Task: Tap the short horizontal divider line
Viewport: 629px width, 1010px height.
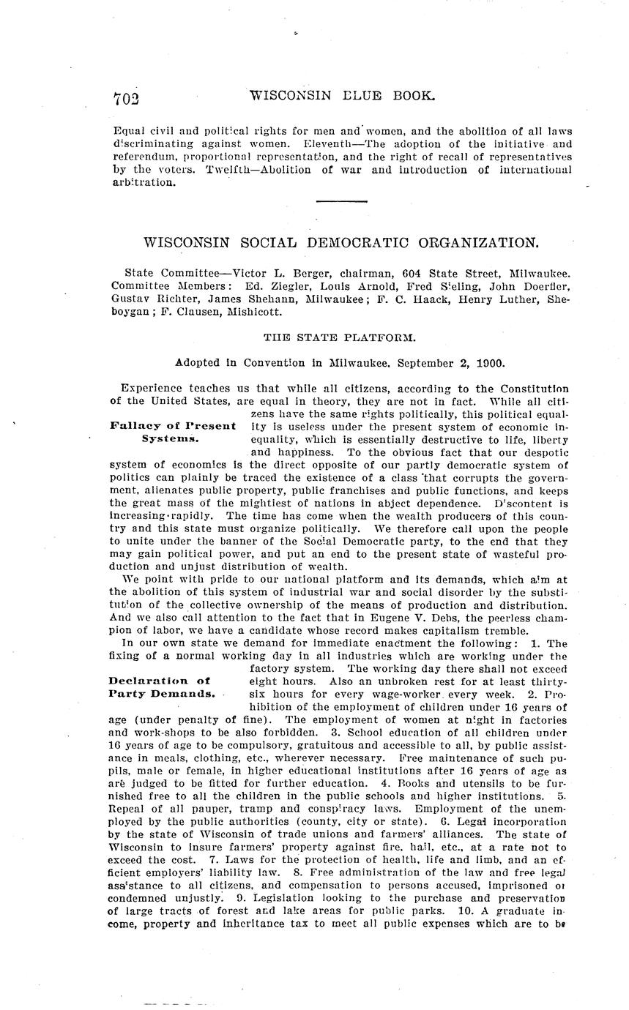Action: (x=341, y=201)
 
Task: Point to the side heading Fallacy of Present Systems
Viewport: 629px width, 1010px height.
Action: (x=173, y=433)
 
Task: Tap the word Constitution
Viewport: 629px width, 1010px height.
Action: (x=533, y=388)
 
